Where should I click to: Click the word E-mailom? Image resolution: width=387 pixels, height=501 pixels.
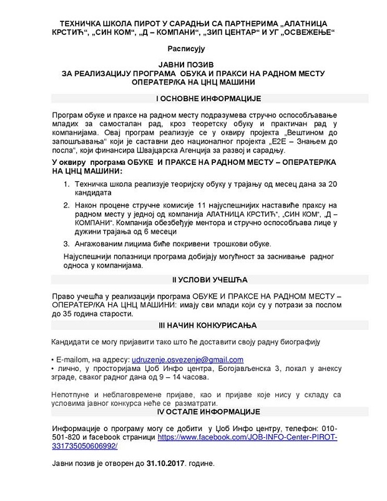(x=74, y=360)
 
